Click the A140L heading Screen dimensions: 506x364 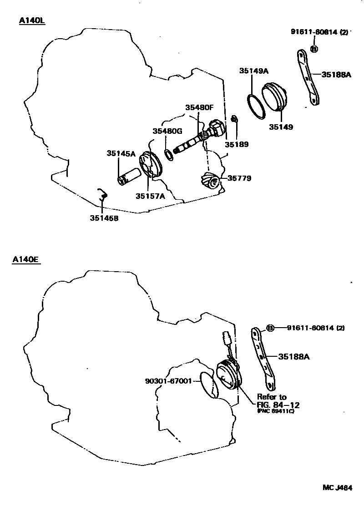[32, 21]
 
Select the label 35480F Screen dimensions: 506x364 [199, 108]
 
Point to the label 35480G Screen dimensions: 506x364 [167, 132]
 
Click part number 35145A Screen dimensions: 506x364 [121, 153]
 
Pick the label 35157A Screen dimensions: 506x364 [150, 196]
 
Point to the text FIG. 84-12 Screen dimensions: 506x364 [278, 405]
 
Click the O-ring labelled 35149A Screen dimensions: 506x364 [256, 106]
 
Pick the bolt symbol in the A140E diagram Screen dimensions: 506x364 [269, 328]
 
